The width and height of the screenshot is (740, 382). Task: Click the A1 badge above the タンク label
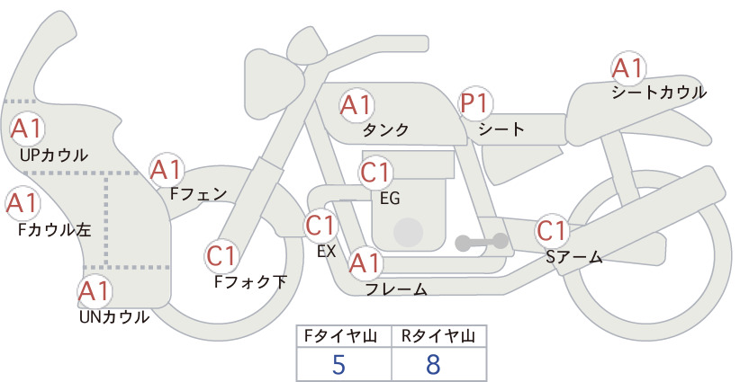(x=356, y=105)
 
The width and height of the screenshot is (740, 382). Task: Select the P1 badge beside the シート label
(x=475, y=103)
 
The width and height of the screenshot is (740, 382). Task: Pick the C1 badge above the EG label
(x=375, y=173)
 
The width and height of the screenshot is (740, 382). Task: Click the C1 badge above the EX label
(x=320, y=226)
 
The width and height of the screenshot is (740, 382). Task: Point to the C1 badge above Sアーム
(x=552, y=232)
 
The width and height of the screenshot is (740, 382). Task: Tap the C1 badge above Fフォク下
(x=221, y=257)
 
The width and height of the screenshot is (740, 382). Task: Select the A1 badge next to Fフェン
(x=167, y=170)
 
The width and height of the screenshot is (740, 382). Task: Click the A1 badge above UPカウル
(x=27, y=129)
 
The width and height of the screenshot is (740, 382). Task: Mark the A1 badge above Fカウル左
(x=23, y=204)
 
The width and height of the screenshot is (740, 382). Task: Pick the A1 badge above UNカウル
(x=95, y=291)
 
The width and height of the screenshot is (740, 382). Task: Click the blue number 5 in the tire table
(x=338, y=365)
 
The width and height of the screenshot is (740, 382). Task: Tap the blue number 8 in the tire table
(x=433, y=365)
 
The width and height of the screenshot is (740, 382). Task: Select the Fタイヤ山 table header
(x=340, y=336)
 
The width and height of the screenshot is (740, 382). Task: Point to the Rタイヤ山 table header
(x=438, y=336)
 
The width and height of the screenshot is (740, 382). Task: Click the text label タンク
(x=385, y=130)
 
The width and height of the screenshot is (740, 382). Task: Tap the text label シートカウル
(x=659, y=93)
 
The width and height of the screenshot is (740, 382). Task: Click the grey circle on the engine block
(x=408, y=233)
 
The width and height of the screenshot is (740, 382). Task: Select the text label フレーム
(x=397, y=289)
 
